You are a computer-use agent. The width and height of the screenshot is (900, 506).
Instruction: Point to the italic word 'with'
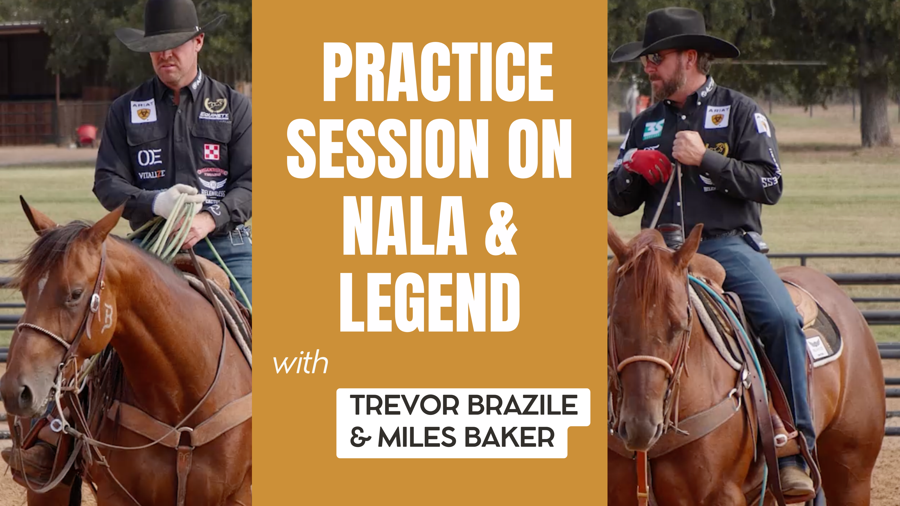(300, 363)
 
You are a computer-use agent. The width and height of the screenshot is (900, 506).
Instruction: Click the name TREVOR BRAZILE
(463, 405)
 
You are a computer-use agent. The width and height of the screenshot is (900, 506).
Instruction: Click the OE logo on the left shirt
(150, 157)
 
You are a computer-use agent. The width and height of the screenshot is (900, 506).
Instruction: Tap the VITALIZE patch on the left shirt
(152, 174)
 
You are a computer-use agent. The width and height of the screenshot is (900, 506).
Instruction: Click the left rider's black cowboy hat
(168, 26)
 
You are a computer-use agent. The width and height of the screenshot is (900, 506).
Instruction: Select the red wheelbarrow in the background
(87, 134)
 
